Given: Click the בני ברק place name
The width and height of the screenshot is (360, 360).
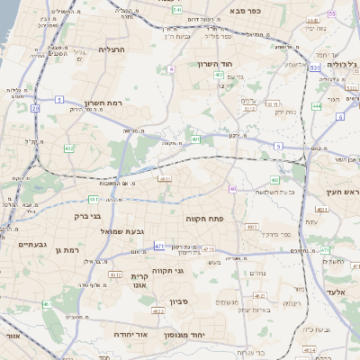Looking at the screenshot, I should (86, 216).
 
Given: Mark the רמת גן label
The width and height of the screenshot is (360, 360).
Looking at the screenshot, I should (67, 249).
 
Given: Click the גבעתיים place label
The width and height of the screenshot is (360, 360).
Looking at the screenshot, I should (19, 244).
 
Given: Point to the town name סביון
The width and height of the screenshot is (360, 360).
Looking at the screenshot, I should (177, 302).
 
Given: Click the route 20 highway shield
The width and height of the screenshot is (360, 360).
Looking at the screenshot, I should (35, 108).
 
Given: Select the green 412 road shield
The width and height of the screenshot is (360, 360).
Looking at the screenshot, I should (69, 148).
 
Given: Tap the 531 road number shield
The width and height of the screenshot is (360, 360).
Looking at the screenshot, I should (314, 67).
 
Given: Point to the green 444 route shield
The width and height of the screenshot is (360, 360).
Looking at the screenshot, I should (317, 106).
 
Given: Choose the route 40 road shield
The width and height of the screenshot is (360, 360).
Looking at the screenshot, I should (232, 189).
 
